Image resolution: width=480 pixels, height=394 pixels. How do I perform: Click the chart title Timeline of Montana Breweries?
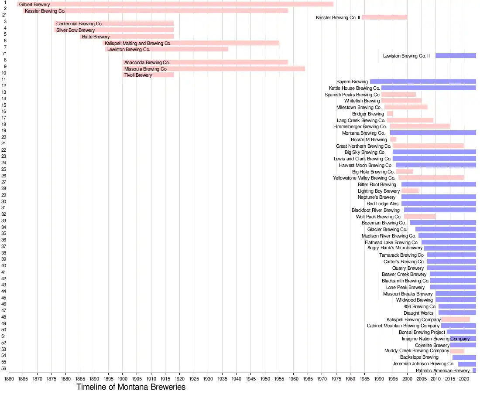[x=131, y=387]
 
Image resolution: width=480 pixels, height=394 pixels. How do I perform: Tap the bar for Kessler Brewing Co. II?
[x=384, y=17]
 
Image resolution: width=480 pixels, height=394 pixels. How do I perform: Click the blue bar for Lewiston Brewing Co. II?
[x=456, y=56]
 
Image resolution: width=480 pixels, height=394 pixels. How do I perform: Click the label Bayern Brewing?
[x=352, y=82]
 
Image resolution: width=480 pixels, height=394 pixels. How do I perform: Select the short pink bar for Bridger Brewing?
[x=390, y=114]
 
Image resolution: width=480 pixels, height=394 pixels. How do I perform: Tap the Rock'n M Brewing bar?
[x=393, y=139]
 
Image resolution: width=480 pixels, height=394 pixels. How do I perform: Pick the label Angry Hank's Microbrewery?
[x=395, y=248]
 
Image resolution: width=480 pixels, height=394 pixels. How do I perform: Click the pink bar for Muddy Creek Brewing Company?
[x=457, y=351]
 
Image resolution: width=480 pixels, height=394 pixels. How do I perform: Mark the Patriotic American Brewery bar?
[x=474, y=370]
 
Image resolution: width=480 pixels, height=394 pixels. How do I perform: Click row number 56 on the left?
[x=4, y=368]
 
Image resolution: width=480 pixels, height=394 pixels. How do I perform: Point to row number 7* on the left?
[x=4, y=54]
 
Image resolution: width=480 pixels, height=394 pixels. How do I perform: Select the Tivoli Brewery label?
[x=138, y=75]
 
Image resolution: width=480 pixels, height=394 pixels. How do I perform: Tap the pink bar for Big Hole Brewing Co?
[x=405, y=172]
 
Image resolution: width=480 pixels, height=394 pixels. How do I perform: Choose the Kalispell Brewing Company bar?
[x=456, y=319]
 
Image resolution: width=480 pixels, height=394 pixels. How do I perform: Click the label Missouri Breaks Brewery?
[x=408, y=294]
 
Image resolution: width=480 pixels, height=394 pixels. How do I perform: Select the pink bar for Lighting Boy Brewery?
[x=410, y=191]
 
